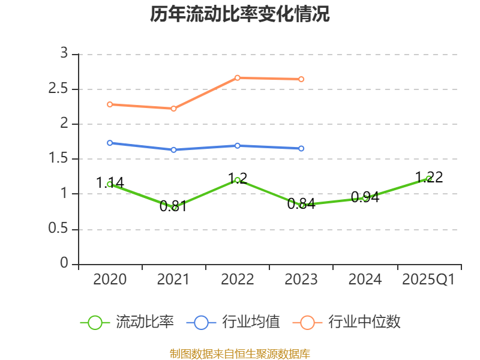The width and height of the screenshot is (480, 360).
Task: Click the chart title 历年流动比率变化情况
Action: [240, 14]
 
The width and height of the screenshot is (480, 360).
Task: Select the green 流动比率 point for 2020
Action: [110, 184]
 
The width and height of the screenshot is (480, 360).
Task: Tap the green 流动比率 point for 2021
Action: [174, 207]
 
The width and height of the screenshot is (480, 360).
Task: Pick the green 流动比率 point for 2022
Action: [238, 180]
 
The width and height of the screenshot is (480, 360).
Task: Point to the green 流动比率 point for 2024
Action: [365, 197]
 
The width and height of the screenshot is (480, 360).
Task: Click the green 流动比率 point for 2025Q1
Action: [428, 178]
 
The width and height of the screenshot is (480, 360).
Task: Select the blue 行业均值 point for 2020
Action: [110, 143]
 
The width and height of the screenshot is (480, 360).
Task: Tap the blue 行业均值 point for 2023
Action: [301, 148]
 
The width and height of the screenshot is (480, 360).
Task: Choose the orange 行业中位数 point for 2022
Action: [238, 77]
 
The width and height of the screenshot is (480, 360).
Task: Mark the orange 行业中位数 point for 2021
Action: [174, 109]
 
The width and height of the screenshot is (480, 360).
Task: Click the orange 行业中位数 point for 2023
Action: [301, 79]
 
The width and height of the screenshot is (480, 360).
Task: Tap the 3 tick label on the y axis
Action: [64, 54]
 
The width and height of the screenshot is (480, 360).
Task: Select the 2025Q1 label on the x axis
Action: [428, 280]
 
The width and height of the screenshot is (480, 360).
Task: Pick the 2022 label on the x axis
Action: [238, 280]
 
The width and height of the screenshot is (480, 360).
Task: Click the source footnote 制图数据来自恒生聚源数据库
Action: [240, 353]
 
